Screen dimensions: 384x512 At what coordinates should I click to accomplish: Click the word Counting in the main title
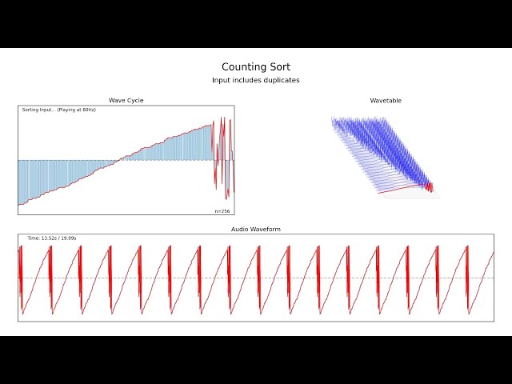tap(243, 67)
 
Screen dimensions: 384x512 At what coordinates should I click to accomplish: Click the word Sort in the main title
tap(279, 67)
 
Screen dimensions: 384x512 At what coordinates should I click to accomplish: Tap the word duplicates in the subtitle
tap(281, 80)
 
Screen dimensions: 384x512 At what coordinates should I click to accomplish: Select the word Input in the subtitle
tap(220, 80)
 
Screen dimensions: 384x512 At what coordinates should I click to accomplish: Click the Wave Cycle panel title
tap(126, 101)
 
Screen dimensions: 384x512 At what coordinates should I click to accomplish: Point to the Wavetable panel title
tap(386, 101)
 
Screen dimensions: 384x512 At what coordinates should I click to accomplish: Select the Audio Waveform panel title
tap(256, 230)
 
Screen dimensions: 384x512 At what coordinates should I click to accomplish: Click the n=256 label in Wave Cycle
tap(222, 211)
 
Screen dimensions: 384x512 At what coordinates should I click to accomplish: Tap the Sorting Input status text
tap(38, 110)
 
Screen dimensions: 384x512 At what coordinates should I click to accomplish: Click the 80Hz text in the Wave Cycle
tap(88, 110)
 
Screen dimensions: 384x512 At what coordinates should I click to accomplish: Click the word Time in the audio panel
tap(33, 238)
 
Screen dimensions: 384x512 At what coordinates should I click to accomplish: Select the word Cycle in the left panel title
tap(135, 101)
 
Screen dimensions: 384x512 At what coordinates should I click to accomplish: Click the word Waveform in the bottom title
tap(265, 230)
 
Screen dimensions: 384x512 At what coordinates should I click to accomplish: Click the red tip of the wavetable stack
tap(430, 187)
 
